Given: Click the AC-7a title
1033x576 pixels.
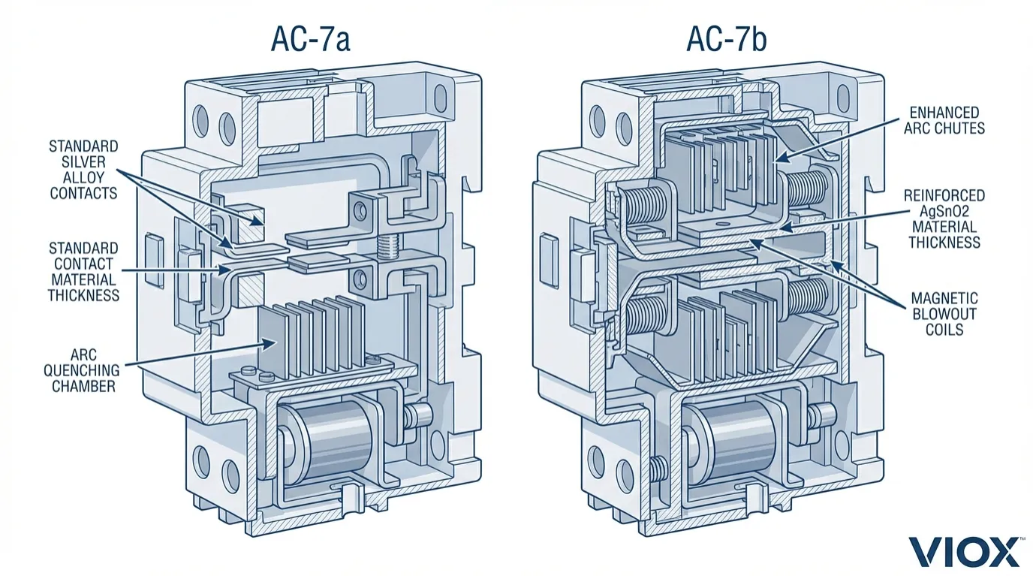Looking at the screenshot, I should point(311,39).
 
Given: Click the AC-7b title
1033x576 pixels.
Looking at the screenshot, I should point(727,39).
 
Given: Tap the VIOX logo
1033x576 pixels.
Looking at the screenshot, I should point(965,552).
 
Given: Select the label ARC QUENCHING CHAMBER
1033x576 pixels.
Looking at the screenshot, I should point(85,370).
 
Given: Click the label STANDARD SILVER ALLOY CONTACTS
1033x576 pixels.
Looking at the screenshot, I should point(83,170).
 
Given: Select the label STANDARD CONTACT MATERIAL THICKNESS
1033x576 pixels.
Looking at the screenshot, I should point(83,271).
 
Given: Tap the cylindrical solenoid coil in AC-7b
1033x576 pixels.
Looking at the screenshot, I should point(742,443).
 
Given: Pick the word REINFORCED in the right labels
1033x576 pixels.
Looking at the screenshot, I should point(944,196).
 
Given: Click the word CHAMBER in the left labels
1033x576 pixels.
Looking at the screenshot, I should point(85,386).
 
